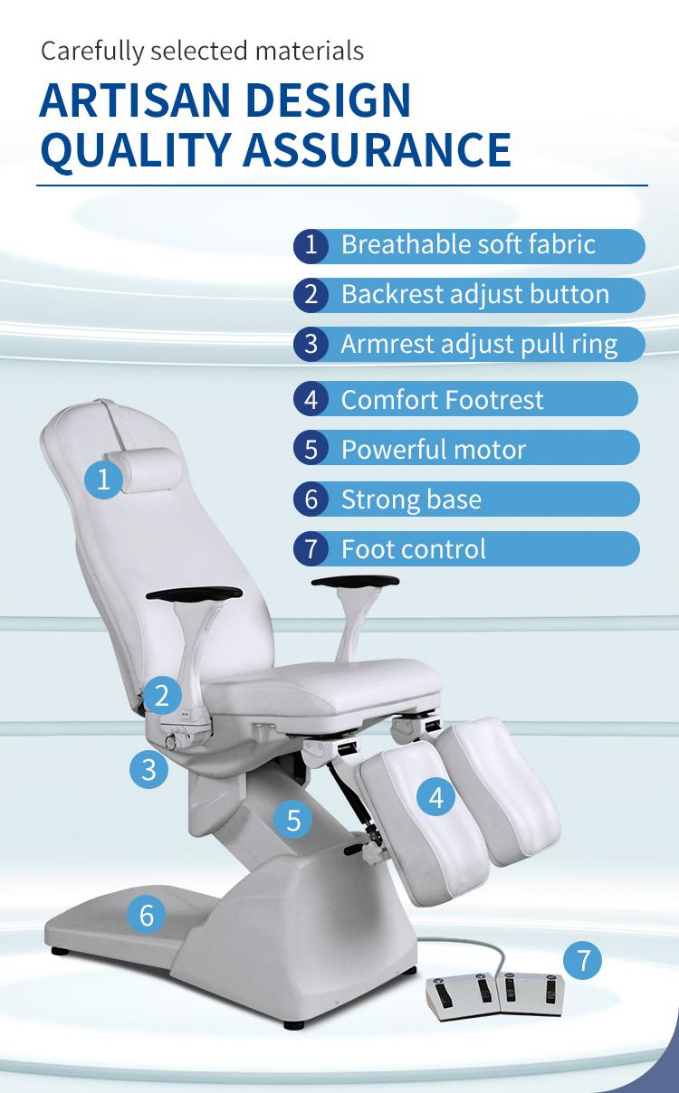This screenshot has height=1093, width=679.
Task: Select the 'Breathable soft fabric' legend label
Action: (468, 244)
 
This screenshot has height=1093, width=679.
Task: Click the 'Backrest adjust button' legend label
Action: (475, 294)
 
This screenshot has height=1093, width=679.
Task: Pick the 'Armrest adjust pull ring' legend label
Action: (479, 345)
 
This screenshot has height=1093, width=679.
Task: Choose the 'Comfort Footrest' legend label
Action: (442, 400)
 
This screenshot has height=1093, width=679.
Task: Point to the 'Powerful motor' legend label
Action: (434, 450)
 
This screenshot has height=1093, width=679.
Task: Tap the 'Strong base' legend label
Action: (412, 499)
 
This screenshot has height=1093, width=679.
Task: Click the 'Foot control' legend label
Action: (414, 549)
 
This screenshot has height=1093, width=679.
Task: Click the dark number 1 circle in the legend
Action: (311, 245)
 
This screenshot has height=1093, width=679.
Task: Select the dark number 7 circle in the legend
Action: (311, 549)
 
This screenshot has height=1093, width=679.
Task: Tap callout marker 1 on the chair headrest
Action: (103, 480)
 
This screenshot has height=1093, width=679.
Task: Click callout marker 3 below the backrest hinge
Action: (148, 769)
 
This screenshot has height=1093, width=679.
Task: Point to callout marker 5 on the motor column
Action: (293, 819)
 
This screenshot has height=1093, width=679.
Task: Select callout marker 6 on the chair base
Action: (147, 915)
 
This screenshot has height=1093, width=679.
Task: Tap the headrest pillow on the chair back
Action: (143, 470)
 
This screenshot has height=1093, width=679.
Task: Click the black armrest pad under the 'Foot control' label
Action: (356, 581)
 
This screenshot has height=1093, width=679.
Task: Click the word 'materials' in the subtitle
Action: (309, 52)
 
